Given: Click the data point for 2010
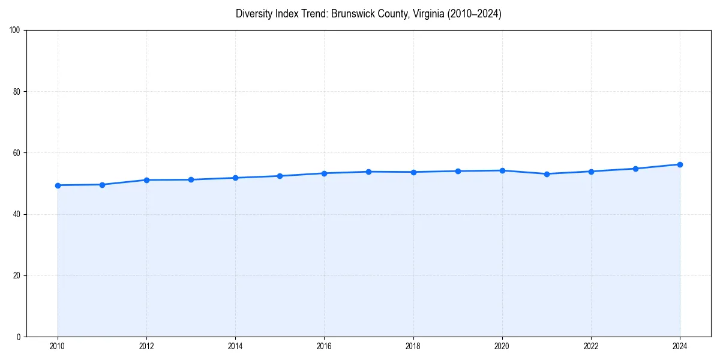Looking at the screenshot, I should [58, 185].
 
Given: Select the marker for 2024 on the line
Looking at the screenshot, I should [680, 164].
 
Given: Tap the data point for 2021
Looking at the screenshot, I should [547, 174].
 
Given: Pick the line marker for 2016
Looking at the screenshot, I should [324, 173].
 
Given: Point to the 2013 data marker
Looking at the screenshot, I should [191, 179].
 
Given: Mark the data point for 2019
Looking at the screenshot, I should [458, 171].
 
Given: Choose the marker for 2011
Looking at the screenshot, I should [102, 185].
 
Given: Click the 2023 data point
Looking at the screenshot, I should [635, 169].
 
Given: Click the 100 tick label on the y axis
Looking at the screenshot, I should [15, 31].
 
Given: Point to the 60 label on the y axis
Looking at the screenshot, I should [17, 153].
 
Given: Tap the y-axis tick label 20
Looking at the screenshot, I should [17, 275].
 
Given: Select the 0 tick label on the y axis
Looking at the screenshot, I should [19, 337].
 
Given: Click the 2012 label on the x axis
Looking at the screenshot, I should [146, 346].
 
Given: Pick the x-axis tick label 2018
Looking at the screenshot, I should [413, 346].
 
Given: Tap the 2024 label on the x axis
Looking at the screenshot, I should [680, 346].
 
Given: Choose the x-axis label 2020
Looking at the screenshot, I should [502, 346].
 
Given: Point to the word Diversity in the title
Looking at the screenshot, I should [254, 14].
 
